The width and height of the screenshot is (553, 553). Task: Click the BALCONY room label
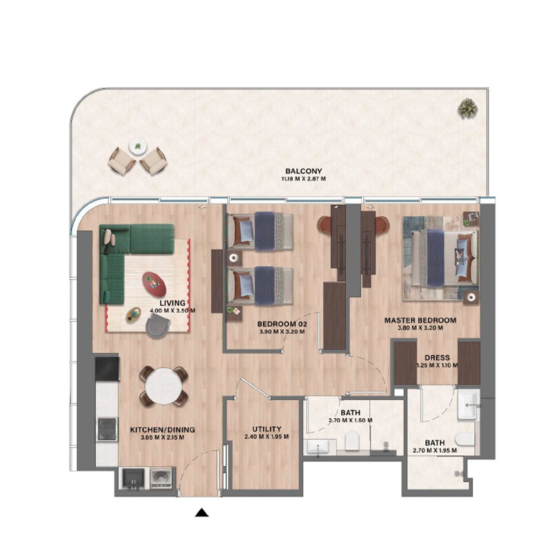pos(303,172)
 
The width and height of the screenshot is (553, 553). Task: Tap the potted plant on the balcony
pos(467,108)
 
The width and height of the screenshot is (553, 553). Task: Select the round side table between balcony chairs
pos(138,146)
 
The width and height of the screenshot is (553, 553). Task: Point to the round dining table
pos(163,386)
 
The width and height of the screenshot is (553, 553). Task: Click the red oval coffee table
pos(154,283)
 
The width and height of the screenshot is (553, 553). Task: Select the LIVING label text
pos(172,303)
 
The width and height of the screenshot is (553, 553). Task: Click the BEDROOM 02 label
pos(282,324)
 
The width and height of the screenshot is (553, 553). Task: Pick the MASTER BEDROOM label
pos(420,320)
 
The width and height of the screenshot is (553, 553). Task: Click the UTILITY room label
pos(267,429)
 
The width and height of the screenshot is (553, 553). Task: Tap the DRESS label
pos(437,358)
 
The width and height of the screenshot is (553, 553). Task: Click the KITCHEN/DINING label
pos(162,430)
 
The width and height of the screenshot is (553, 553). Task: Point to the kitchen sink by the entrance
pos(133,479)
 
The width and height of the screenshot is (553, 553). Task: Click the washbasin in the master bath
pos(468,405)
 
